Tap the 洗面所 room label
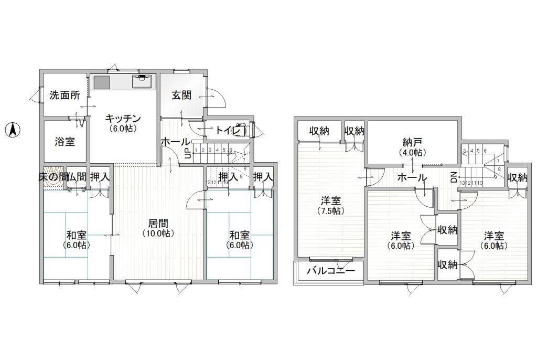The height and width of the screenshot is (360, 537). pos(65,96)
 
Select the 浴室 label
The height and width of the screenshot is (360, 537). pos(65,141)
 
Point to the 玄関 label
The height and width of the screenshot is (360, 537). pos(181,96)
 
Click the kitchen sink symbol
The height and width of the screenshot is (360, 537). pos(142,82)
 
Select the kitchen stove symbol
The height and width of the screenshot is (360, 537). pos(101,82)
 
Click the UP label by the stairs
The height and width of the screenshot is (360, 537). pos(187,153)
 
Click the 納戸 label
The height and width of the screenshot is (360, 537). pos(412,142)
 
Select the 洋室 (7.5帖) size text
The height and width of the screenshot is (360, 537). pos(331,211)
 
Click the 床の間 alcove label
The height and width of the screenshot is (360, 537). pos(52,177)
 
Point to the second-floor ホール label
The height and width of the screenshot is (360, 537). pos(412,177)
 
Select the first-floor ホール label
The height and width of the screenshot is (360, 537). pos(175,142)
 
